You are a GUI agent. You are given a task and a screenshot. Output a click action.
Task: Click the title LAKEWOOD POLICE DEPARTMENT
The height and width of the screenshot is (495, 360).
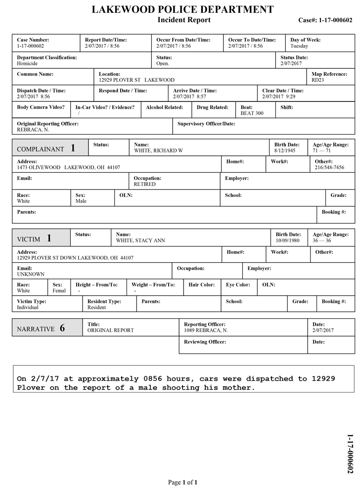(x=183, y=9)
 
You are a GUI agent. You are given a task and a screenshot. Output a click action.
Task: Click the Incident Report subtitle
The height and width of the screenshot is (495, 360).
(x=184, y=20)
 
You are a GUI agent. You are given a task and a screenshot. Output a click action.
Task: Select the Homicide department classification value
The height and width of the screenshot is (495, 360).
(x=28, y=64)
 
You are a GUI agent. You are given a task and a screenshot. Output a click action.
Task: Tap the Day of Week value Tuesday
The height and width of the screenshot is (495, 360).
(x=299, y=46)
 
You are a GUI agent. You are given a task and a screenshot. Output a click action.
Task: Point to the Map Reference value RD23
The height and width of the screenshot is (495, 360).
(x=318, y=80)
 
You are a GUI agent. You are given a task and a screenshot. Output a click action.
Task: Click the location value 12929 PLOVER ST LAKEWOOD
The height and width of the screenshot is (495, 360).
(x=136, y=80)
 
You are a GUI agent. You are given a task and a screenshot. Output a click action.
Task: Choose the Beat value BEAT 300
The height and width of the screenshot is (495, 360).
(x=252, y=113)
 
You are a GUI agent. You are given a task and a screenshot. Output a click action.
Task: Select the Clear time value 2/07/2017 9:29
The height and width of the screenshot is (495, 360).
(x=279, y=97)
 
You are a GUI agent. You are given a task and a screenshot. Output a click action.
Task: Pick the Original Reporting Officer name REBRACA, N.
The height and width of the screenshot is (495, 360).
(x=33, y=130)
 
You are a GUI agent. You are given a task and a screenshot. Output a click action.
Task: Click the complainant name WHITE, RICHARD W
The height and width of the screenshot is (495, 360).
(x=158, y=150)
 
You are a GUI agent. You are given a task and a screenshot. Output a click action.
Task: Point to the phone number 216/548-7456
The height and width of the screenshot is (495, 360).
(x=330, y=167)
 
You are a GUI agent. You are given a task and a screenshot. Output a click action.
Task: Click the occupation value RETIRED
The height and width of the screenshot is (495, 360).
(x=144, y=184)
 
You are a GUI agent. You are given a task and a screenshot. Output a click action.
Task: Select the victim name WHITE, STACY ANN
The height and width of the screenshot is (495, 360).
(x=140, y=241)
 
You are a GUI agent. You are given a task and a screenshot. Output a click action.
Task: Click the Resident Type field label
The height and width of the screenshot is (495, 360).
(x=104, y=301)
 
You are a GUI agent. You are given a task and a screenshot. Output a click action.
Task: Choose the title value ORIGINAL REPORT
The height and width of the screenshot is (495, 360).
(x=111, y=330)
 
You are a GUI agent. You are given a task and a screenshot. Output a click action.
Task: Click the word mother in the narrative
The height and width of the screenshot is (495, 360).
(x=238, y=388)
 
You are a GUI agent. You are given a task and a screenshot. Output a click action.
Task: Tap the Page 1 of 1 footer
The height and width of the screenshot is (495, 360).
(x=183, y=482)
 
